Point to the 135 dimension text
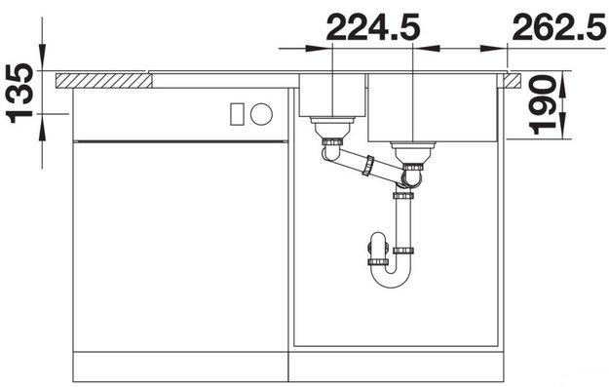19,93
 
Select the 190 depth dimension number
543,105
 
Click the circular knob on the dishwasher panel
261,114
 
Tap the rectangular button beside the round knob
237,114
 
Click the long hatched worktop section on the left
103,81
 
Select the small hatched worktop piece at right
513,81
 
